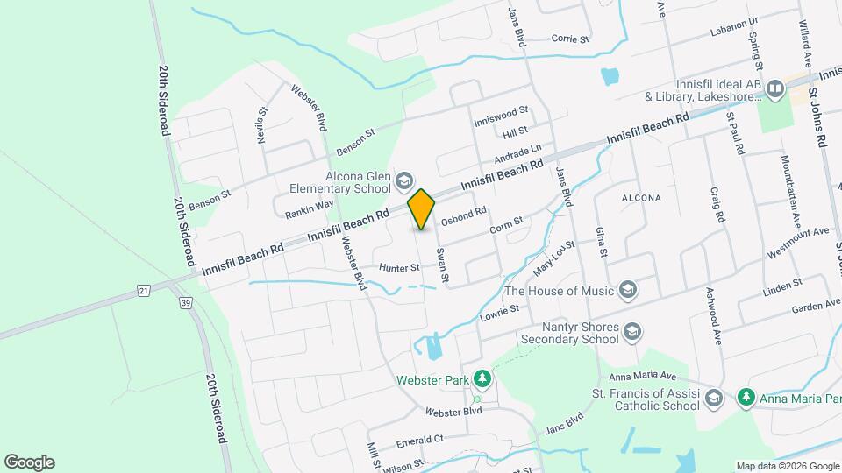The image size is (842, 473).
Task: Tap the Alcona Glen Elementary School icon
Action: tap(404, 181)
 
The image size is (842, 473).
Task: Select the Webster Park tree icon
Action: tap(482, 378)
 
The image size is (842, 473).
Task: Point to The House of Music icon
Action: tap(627, 289)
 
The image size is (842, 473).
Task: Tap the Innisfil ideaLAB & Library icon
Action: tap(774, 88)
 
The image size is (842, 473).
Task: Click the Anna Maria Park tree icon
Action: tap(746, 398)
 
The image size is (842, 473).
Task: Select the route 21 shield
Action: tap(142, 289)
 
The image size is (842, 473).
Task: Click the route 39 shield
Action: tap(185, 303)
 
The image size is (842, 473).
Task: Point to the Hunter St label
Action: tap(400, 267)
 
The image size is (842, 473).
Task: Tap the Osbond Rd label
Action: tap(463, 215)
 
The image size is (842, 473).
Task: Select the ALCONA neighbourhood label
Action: tap(640, 198)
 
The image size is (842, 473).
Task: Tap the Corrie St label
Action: tap(569, 39)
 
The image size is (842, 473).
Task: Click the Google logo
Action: tap(29, 462)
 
